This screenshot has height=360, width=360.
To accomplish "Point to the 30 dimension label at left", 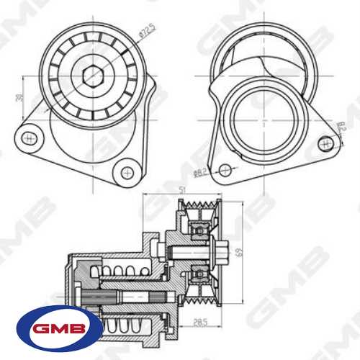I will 20,99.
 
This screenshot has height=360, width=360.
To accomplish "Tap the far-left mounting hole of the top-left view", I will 28,136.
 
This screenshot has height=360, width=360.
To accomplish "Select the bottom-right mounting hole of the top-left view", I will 127,172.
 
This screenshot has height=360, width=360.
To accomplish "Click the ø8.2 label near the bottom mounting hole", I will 200,172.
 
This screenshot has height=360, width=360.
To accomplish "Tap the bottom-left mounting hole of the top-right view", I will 225,169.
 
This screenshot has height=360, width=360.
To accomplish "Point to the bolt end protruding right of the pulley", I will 230,252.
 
